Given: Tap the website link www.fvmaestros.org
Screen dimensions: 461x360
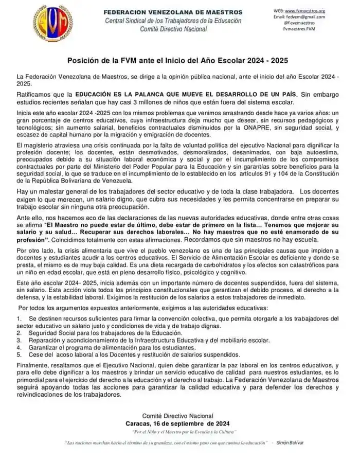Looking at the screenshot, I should (307, 10).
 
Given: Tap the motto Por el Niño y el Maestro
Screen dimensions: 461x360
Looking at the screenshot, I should (185, 431).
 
